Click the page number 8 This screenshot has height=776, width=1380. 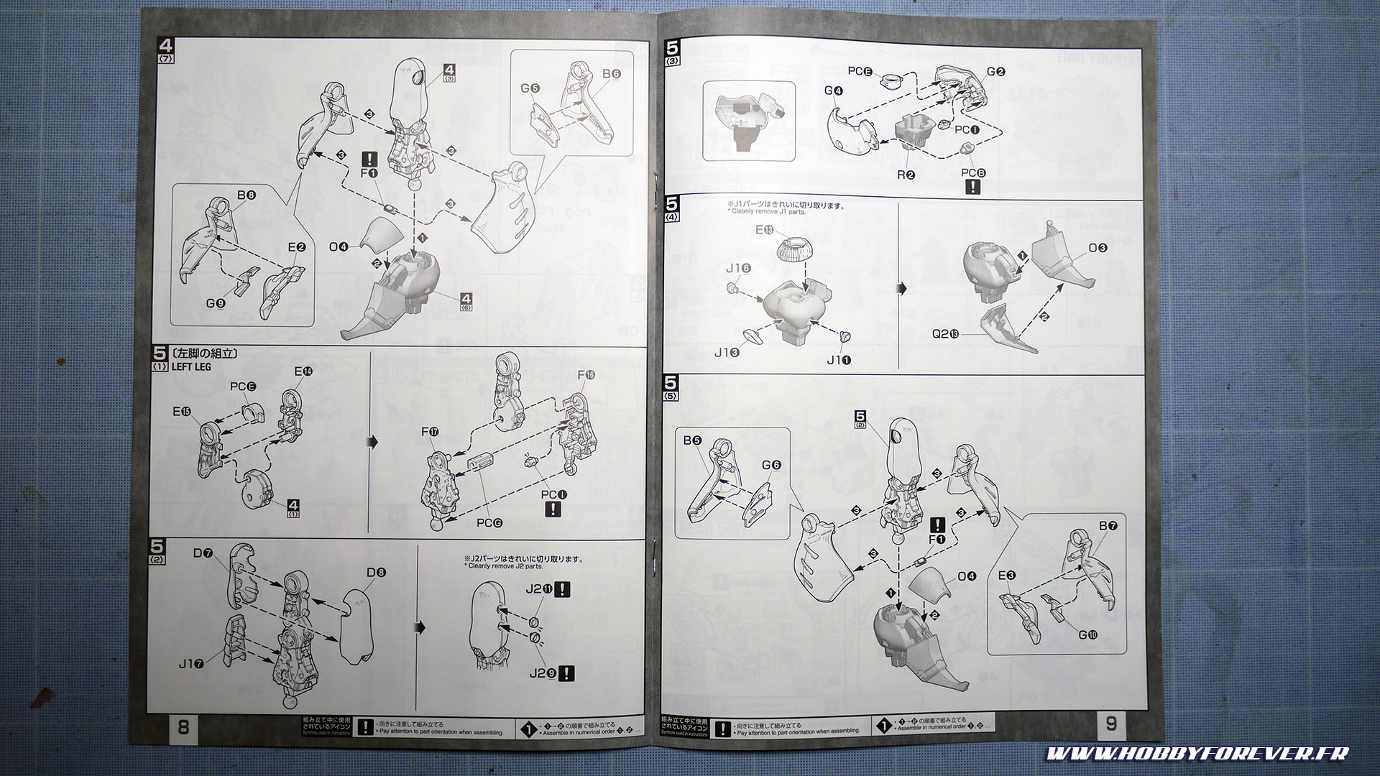coord(183,726)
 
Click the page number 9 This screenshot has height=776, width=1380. coord(1111,724)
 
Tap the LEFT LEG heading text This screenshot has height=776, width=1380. coord(192,366)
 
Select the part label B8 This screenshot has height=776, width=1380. coord(247,195)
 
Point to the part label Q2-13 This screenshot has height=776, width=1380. coord(945,333)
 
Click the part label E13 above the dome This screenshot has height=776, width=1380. coord(764,230)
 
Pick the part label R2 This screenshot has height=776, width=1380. coord(906,174)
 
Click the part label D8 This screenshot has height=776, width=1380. coord(376,573)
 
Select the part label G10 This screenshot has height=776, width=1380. coord(1087,634)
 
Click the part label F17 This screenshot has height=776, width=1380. coord(430,432)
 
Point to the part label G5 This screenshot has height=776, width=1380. coord(530,88)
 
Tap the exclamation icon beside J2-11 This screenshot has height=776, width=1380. coord(563,589)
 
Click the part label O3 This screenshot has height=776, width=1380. coord(1098,248)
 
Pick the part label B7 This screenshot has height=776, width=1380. coord(1108,526)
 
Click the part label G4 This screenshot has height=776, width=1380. coord(834,91)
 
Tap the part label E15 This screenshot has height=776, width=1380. coord(182,412)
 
